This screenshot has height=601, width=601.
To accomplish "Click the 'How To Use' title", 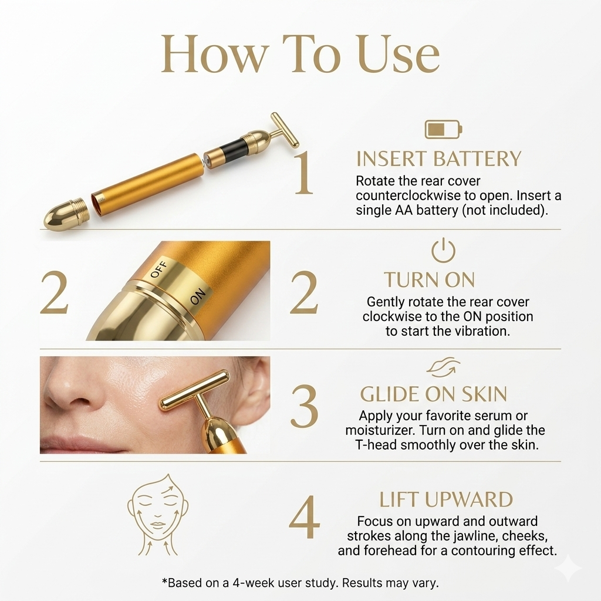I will pyautogui.click(x=300, y=54).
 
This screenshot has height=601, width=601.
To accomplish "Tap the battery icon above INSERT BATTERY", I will pyautogui.click(x=443, y=129).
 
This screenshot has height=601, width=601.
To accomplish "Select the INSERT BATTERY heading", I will pyautogui.click(x=438, y=159).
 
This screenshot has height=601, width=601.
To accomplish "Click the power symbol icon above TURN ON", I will pyautogui.click(x=443, y=251).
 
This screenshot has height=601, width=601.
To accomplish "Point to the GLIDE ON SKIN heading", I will pyautogui.click(x=433, y=394).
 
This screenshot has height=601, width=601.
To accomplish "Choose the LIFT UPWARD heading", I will pyautogui.click(x=445, y=499).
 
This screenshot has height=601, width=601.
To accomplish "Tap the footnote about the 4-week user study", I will pyautogui.click(x=300, y=583).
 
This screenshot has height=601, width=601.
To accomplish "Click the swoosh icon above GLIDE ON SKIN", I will pyautogui.click(x=443, y=367).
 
